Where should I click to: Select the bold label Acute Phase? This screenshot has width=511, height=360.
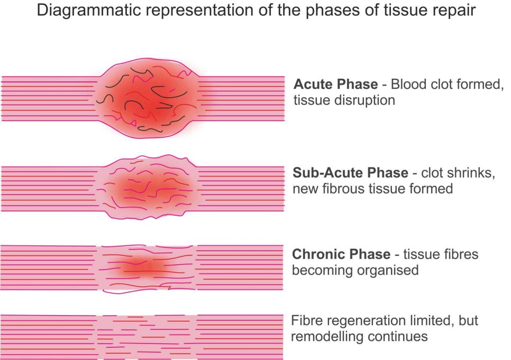pyautogui.click(x=336, y=84)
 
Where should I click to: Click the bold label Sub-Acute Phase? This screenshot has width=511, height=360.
pyautogui.click(x=350, y=173)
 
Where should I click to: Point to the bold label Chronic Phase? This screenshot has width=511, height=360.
pyautogui.click(x=341, y=254)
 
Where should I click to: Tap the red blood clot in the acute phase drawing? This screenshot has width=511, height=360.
pyautogui.click(x=152, y=98)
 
